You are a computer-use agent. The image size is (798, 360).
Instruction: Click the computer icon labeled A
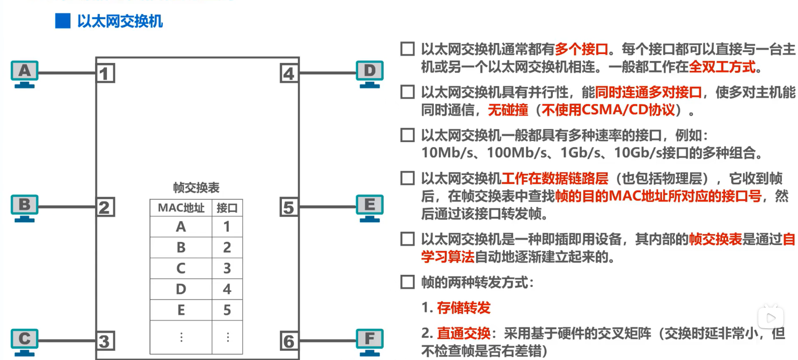25,74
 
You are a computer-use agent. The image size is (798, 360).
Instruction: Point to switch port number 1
105,74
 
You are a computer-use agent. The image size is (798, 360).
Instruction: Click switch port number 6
289,341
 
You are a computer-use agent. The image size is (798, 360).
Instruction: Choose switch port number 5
289,207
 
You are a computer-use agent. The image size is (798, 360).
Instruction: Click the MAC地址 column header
181,208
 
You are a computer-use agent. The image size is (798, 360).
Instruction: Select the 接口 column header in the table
227,208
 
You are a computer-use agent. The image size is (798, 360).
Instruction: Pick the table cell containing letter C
181,268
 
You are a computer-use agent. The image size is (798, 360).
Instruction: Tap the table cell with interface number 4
227,289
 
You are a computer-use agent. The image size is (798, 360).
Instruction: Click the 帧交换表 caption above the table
196,188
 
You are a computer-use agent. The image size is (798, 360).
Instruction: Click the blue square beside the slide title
63,21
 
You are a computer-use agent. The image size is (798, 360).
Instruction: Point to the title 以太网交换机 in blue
120,21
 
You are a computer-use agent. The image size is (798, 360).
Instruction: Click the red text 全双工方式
722,67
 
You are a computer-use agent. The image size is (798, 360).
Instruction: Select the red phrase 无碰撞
508,110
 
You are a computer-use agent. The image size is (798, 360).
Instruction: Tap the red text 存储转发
464,308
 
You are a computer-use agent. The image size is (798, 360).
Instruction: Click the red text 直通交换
464,333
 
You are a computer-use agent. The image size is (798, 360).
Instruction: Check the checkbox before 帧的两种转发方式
408,282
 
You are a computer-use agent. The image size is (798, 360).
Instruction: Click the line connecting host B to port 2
67,207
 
